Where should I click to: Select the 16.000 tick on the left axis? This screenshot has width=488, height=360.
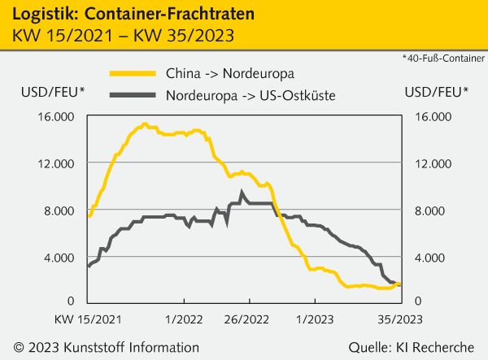[x=56, y=116]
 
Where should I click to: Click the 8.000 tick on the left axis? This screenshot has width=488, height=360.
[x=59, y=210]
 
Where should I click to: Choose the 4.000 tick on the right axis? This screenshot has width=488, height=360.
[x=429, y=258]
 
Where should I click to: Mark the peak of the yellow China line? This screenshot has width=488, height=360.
[x=145, y=124]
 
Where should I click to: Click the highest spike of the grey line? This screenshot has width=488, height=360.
[x=242, y=193]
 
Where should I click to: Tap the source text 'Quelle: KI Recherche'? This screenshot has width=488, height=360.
[x=412, y=347]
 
